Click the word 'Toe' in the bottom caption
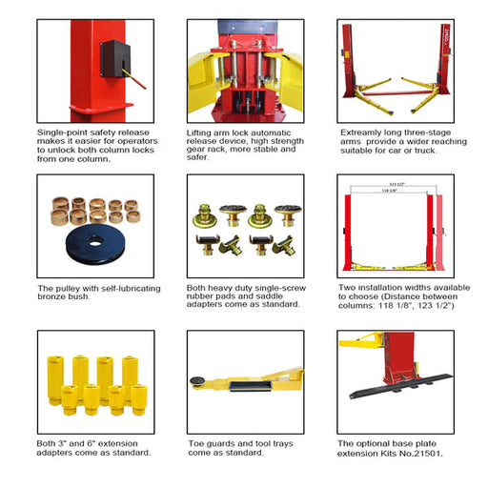click(196, 443)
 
